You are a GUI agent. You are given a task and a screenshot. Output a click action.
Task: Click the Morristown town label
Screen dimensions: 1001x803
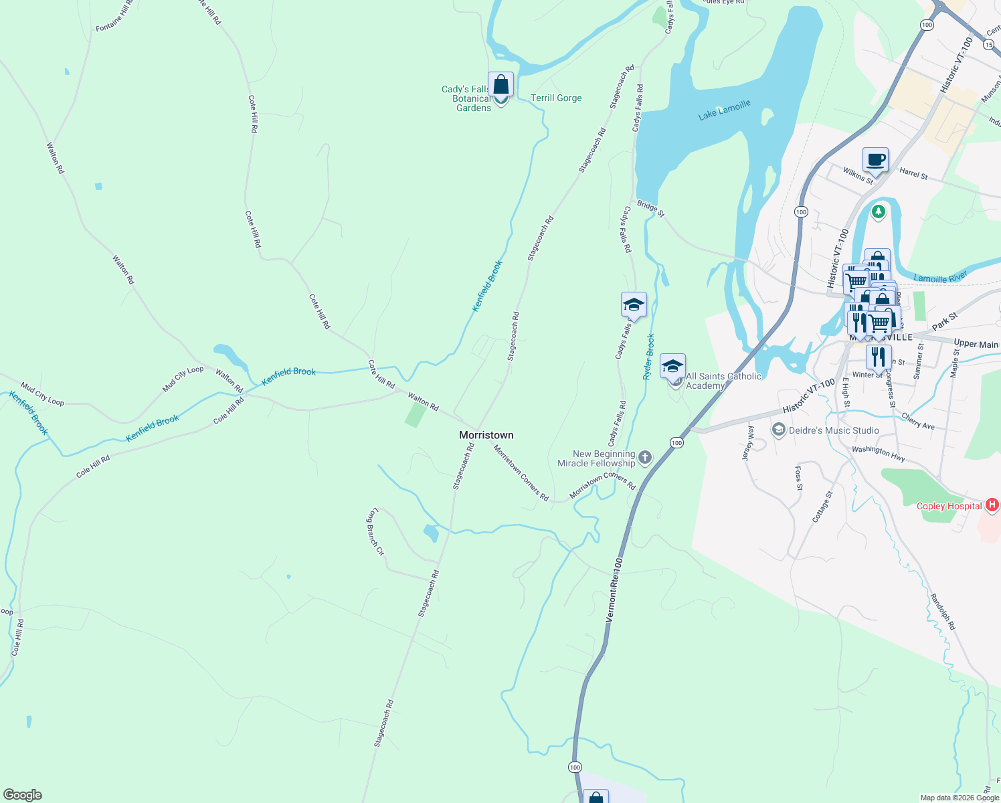coord(486,435)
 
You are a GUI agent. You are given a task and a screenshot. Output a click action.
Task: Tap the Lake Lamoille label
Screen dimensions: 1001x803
coord(724,110)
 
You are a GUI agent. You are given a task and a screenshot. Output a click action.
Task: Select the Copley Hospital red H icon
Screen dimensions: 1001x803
coord(993,505)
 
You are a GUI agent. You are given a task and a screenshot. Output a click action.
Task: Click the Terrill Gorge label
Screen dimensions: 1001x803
coord(556,98)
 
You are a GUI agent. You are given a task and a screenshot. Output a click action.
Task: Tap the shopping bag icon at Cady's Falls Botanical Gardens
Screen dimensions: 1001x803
coord(500,86)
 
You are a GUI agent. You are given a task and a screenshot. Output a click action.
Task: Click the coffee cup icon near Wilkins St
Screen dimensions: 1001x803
coord(875,161)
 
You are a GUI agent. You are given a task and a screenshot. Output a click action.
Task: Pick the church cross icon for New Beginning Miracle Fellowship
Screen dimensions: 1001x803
coord(645,458)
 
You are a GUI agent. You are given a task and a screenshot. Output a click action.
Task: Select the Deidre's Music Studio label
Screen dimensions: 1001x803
coord(834,430)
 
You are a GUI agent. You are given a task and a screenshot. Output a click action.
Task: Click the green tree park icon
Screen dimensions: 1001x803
coord(878,212)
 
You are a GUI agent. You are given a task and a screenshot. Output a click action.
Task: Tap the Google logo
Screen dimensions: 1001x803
coord(23,794)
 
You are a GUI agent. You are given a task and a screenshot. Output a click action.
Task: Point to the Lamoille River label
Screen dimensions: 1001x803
coord(940,277)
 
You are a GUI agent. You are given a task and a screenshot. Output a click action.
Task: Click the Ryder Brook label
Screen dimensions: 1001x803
coord(648,357)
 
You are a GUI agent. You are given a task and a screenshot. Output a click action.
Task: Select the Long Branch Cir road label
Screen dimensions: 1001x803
coord(376,533)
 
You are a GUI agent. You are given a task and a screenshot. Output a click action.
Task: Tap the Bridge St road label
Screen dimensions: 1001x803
coord(650,209)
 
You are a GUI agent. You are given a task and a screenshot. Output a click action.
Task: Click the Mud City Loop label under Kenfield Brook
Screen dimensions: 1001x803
coord(42,394)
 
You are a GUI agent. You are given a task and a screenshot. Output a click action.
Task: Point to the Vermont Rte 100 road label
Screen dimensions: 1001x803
coord(614,590)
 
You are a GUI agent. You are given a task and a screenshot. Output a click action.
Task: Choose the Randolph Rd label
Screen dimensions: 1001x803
coord(943,612)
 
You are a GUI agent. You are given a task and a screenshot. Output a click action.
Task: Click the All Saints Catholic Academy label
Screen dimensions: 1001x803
coord(723,381)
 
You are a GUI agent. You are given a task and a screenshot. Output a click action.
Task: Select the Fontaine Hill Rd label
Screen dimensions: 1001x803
coord(114,16)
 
